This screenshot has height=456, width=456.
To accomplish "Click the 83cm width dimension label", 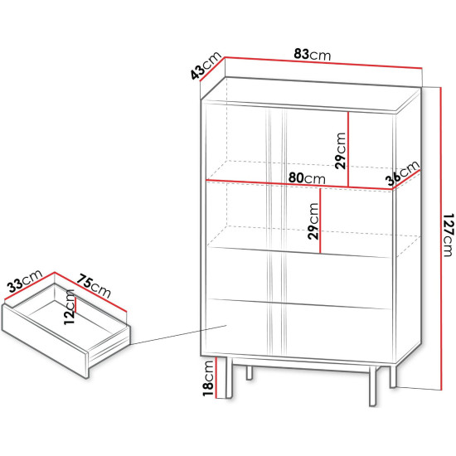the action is tap(312, 55).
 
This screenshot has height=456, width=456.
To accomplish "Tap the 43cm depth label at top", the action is tap(206, 66).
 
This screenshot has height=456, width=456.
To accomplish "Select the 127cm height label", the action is tap(449, 235).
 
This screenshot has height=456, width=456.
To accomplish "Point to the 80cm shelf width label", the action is tap(307, 178).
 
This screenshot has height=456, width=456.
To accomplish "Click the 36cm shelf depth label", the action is tap(404, 173).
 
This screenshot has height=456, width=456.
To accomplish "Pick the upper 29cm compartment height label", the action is tap(340, 151).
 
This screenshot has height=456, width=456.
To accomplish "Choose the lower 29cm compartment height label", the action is tap(313, 221).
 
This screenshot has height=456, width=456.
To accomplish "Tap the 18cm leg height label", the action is tap(208, 378).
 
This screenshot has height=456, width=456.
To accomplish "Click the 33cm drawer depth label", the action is tap(26, 281).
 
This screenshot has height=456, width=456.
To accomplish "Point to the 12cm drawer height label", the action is tap(69, 307).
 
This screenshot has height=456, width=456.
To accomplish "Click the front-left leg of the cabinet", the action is tap(229, 377).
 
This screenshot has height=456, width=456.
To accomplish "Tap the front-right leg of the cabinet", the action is tap(372, 386).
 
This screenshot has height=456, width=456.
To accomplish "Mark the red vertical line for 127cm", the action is tap(441, 239).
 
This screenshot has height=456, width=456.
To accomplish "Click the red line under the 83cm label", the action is tap(323, 62).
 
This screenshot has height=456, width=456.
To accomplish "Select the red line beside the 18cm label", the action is tap(216, 377).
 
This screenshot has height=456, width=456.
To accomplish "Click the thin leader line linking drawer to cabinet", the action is tap(178, 335).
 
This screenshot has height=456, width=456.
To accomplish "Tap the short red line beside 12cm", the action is tap(75, 305).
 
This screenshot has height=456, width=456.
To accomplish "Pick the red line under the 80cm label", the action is tap(299, 185).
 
